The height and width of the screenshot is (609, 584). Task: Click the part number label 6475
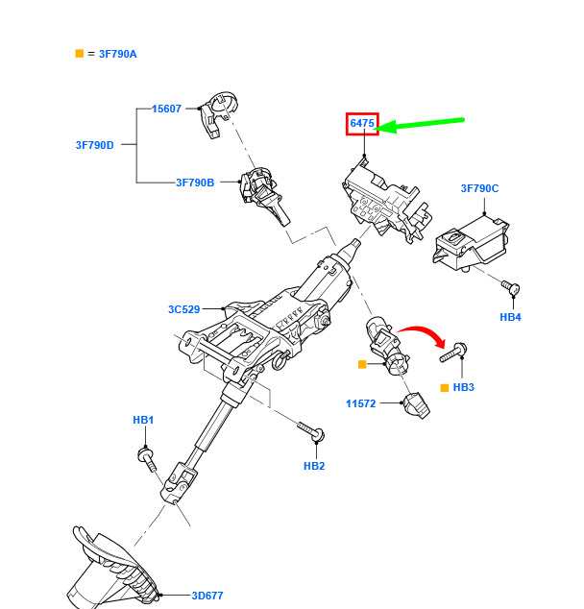(362, 124)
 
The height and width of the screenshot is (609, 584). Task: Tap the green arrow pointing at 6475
(423, 124)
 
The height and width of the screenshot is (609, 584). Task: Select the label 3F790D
(94, 145)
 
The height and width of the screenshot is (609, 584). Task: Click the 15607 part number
(166, 109)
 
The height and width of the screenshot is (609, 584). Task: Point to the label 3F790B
(195, 182)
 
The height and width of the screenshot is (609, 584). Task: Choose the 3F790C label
(479, 188)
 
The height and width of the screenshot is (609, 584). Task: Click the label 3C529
(183, 309)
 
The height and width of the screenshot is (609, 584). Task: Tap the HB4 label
(510, 317)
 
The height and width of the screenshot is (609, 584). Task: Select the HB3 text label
(464, 388)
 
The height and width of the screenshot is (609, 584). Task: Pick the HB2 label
(314, 466)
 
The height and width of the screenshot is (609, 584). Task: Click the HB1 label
(143, 420)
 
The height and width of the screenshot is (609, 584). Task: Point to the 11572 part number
(361, 404)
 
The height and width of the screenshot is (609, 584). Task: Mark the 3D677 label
(207, 596)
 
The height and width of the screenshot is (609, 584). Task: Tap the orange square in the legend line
(80, 54)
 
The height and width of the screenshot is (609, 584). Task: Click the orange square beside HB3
(445, 388)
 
